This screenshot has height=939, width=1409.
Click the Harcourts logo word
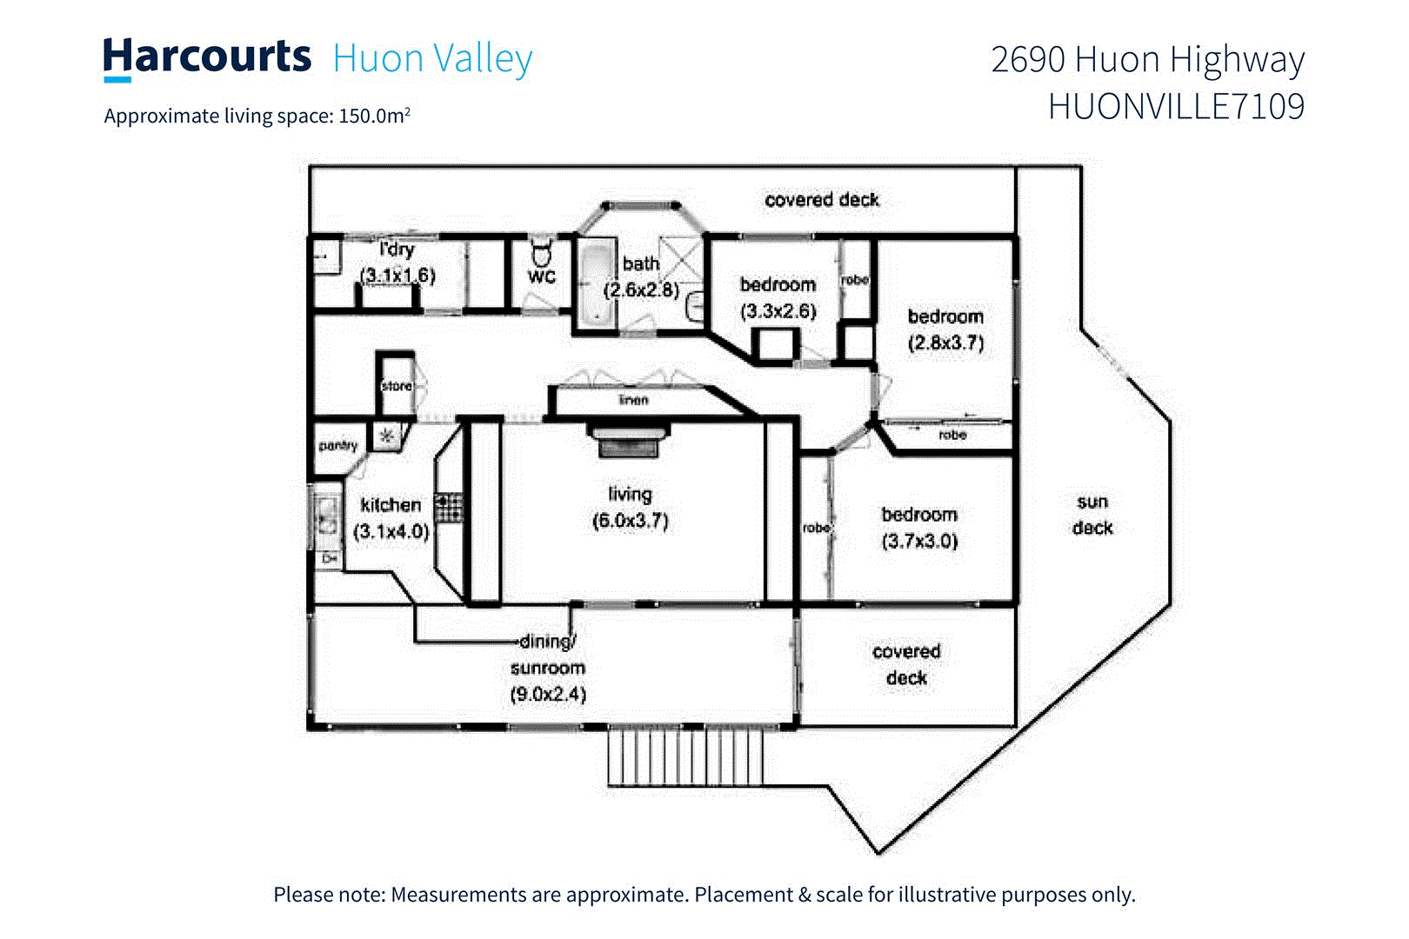(x=207, y=57)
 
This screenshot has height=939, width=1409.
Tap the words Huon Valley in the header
(x=432, y=59)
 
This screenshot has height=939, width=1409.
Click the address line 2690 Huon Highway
(x=1147, y=59)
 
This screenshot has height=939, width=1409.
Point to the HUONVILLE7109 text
(x=1176, y=107)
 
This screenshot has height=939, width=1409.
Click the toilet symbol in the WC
(x=541, y=254)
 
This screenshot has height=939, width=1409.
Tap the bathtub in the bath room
(x=596, y=283)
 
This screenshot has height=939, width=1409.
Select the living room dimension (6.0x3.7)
(x=630, y=521)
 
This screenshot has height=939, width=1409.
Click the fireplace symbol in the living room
(x=629, y=439)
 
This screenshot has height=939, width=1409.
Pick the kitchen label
(x=391, y=505)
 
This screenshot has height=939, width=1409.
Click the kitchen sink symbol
(x=327, y=515)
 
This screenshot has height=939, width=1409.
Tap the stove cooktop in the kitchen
(x=449, y=508)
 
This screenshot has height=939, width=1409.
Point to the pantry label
(x=337, y=446)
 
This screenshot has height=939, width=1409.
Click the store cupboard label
(x=397, y=386)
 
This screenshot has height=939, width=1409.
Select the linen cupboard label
(x=633, y=400)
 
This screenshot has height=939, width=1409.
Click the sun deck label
(x=1092, y=515)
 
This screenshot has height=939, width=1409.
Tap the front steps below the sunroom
(x=685, y=756)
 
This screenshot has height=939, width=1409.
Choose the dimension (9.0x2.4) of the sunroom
(x=548, y=695)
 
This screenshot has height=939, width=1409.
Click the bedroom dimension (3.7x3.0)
(x=919, y=541)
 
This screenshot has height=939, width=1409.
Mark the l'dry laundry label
(x=397, y=250)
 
